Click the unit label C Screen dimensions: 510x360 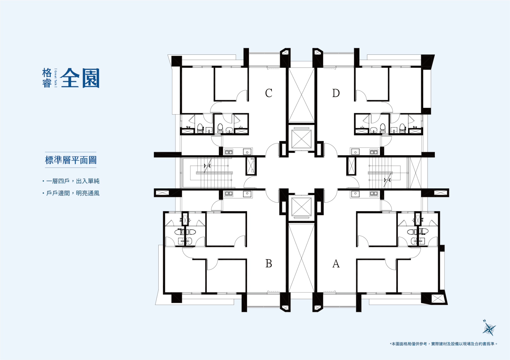coord(269,93)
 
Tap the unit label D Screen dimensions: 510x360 coord(336,93)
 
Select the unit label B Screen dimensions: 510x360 coord(269,264)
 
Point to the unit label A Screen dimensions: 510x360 coord(336,264)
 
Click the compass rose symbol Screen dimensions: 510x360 coord(489,328)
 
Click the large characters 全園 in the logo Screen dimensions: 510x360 coord(80,78)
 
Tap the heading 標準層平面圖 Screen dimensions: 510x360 coord(71,160)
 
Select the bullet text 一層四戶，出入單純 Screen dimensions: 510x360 coord(73,181)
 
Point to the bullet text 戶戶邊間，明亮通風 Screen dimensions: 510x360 coord(73,193)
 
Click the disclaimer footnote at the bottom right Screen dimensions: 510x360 coord(444,344)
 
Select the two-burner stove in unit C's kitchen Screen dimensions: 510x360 coord(229,152)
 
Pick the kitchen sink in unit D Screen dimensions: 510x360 coord(355,152)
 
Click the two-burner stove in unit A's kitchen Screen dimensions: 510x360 coord(374,194)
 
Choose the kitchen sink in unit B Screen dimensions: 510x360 coord(247,194)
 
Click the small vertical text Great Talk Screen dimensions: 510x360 coord(56,78)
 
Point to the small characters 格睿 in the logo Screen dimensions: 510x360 coord(47,78)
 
